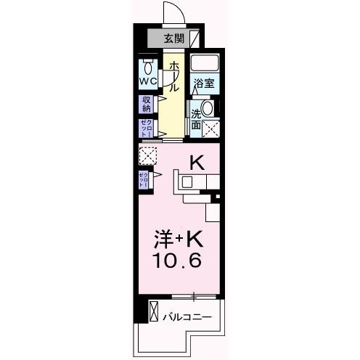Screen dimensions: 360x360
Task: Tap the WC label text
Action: pos(148,81)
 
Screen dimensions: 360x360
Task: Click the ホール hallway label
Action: pos(173,76)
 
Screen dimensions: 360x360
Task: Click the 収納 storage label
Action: pos(147,104)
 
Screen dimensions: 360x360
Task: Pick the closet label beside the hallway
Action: pos(147,128)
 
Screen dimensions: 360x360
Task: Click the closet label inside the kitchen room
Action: pos(144,180)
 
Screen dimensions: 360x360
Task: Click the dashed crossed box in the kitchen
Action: pos(147,155)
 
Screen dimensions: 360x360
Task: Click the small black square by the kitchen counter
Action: pos(216,197)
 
